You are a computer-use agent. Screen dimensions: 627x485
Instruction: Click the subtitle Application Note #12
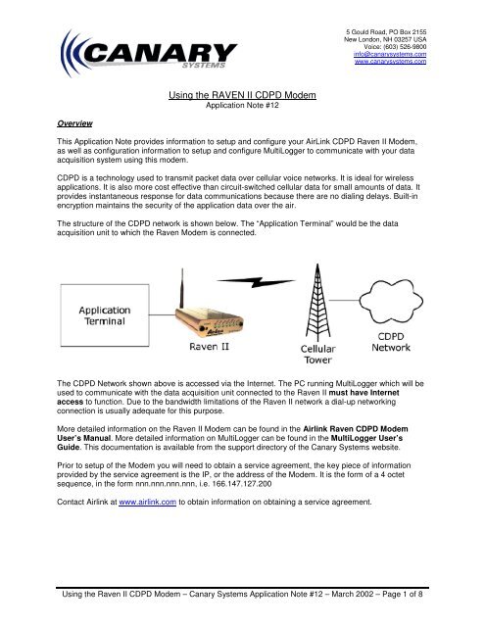[x=241, y=101]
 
